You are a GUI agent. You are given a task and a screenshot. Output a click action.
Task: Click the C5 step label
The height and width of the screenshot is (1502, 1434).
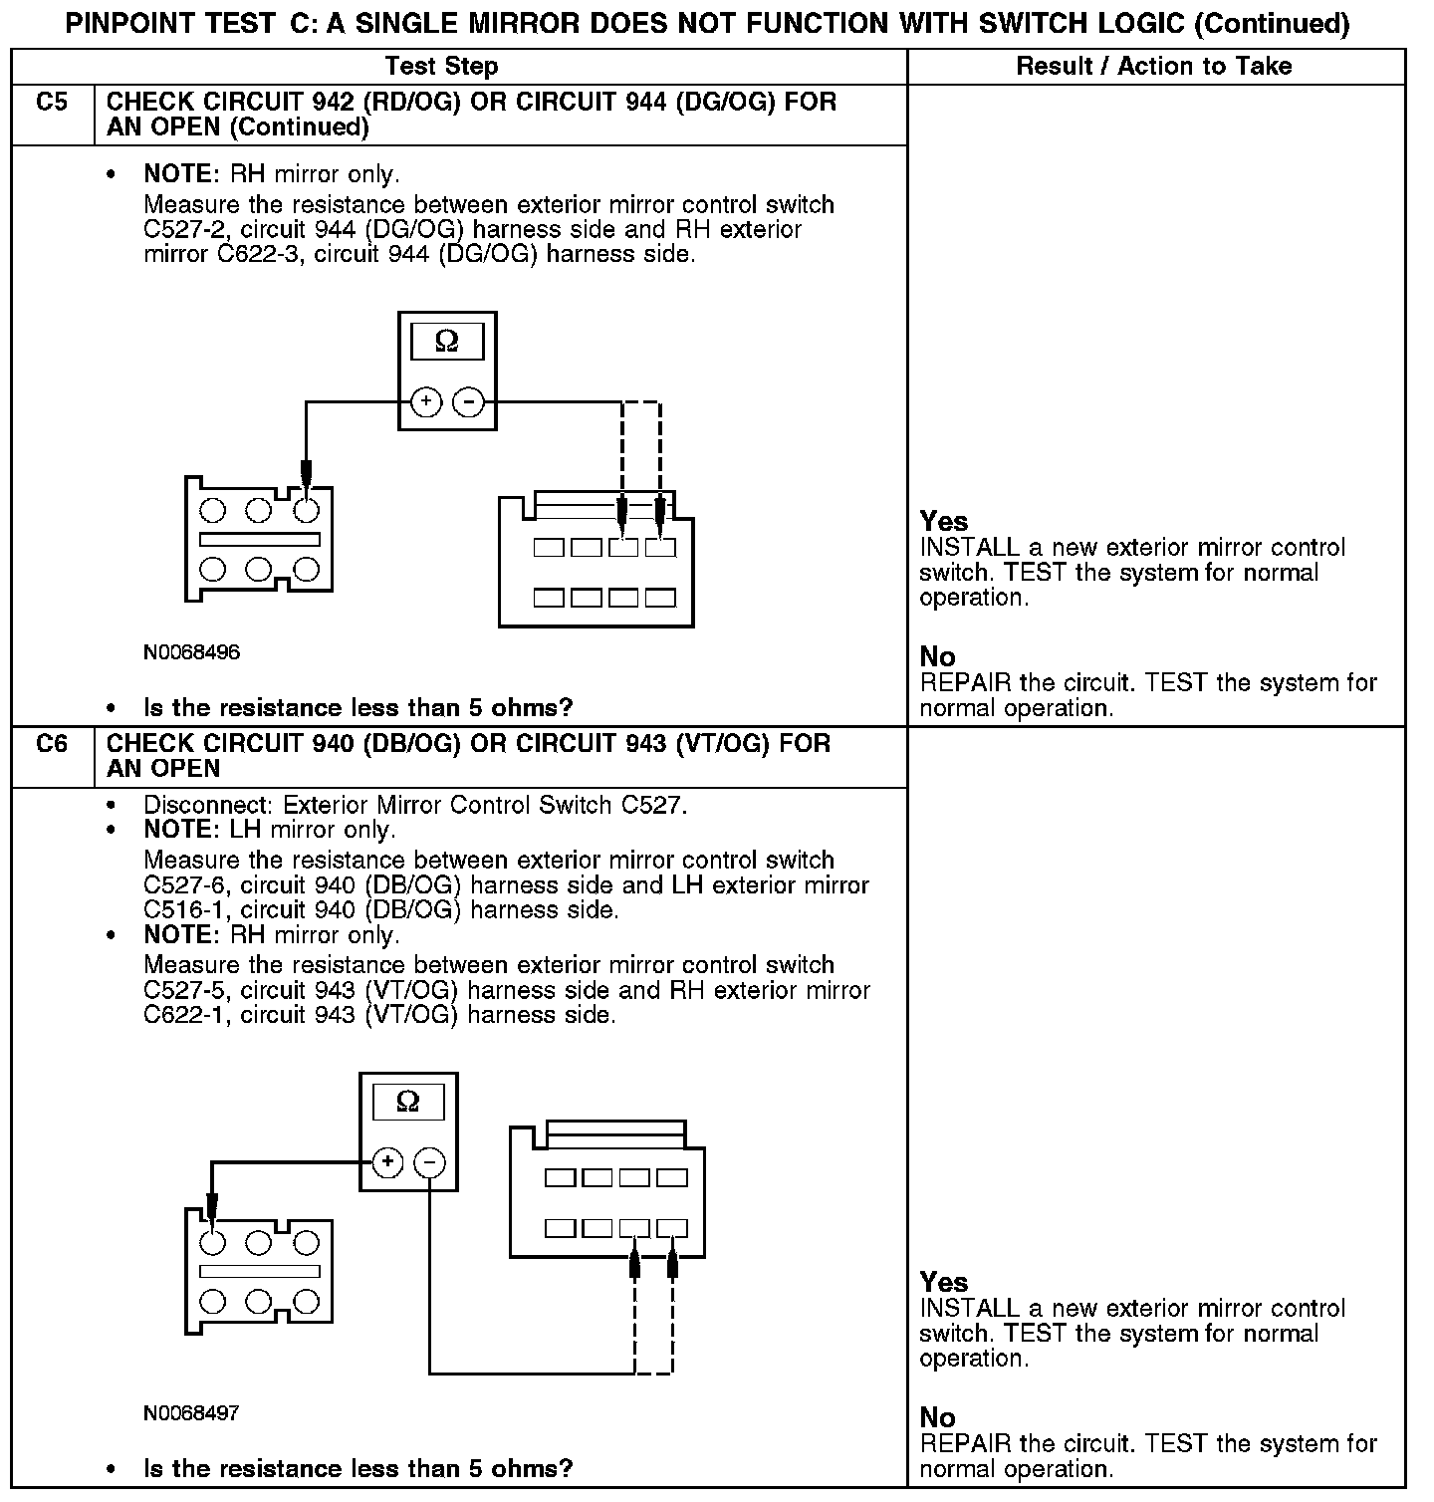51,103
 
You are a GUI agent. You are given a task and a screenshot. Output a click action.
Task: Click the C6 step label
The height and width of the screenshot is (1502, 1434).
51,744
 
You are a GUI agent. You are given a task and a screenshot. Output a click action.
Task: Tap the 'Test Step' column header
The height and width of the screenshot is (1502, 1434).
441,67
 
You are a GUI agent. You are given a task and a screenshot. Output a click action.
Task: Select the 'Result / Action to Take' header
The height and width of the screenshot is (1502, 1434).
1153,67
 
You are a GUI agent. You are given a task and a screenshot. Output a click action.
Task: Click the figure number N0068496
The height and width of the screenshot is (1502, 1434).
191,652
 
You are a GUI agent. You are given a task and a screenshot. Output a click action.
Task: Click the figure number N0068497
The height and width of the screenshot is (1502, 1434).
191,1413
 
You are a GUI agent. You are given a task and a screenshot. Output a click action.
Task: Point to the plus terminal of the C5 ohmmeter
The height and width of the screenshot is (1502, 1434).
426,402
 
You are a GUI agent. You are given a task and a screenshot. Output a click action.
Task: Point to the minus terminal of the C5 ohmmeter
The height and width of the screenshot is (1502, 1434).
468,402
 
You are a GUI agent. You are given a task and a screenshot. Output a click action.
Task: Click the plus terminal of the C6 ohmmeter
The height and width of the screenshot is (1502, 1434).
387,1162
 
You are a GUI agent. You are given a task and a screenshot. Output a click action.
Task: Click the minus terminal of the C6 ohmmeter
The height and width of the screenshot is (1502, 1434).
429,1162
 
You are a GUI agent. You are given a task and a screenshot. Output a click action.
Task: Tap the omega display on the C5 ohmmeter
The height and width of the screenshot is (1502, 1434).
447,342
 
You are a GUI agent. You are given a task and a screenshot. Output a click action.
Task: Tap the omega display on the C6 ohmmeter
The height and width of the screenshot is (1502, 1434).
408,1102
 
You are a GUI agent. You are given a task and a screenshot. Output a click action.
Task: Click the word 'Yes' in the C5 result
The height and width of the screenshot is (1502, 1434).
943,522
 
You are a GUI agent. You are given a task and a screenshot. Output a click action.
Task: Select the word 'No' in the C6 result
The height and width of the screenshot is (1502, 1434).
937,1417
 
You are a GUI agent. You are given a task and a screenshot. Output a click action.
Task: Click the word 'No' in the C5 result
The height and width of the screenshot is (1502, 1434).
937,657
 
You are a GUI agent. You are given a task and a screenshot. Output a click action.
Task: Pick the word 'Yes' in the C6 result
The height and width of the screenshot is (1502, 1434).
943,1282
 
